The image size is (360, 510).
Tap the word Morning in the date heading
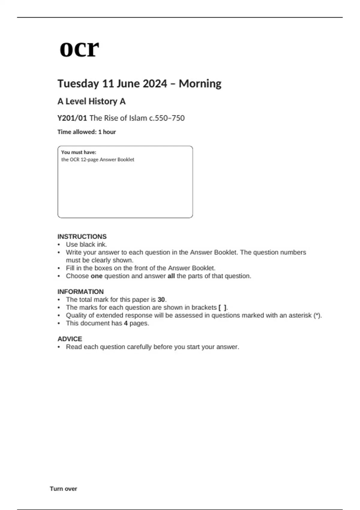pyautogui.click(x=200, y=83)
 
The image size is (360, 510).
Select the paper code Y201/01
pyautogui.click(x=72, y=118)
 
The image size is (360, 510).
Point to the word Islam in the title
pyautogui.click(x=138, y=118)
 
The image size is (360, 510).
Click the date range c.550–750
pyautogui.click(x=167, y=118)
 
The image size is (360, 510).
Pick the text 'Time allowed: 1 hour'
pyautogui.click(x=86, y=132)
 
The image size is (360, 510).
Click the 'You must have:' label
pyautogui.click(x=79, y=152)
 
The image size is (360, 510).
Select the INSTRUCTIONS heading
pyautogui.click(x=82, y=236)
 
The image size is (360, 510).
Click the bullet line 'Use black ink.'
pyautogui.click(x=86, y=244)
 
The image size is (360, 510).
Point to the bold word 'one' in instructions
pyautogui.click(x=97, y=276)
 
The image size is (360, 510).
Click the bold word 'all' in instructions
pyautogui.click(x=171, y=276)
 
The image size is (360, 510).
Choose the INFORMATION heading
pyautogui.click(x=80, y=292)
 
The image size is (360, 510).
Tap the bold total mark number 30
pyautogui.click(x=161, y=299)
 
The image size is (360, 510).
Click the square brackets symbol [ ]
pyautogui.click(x=222, y=307)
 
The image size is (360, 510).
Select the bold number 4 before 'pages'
pyautogui.click(x=126, y=323)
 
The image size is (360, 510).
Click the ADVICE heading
pyautogui.click(x=70, y=339)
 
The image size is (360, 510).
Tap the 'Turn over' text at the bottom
pyautogui.click(x=63, y=489)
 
